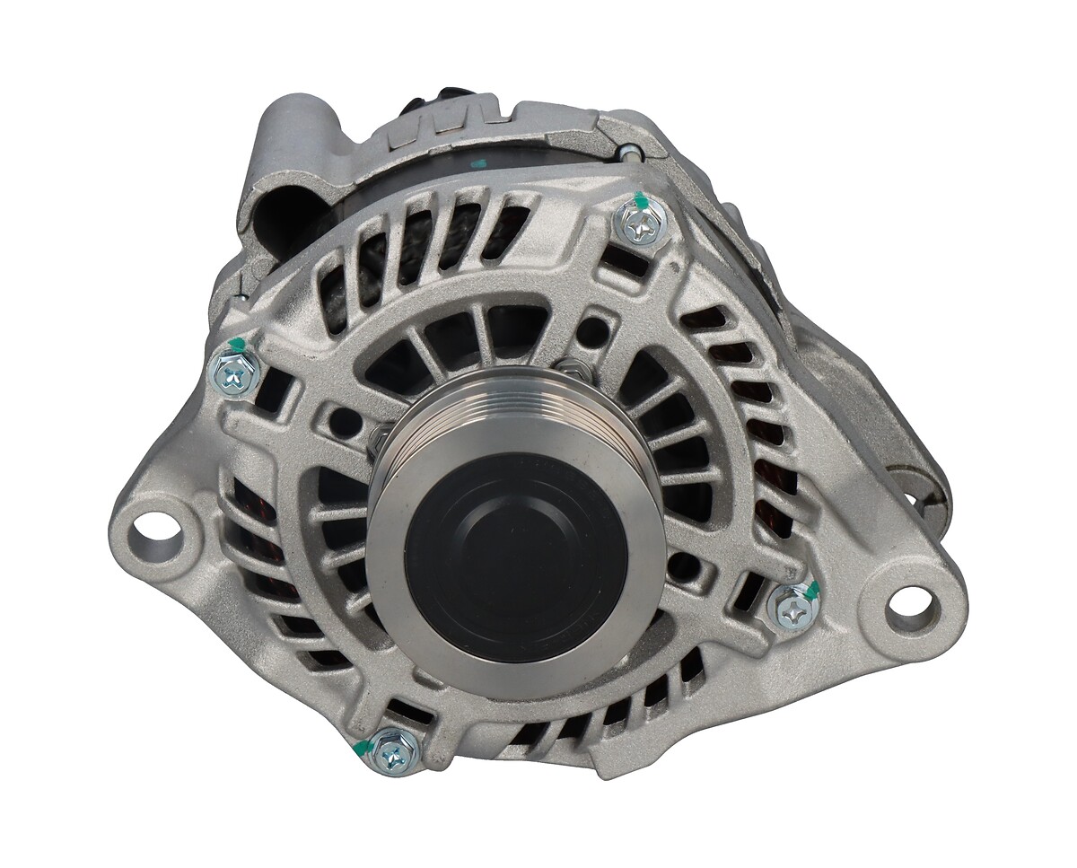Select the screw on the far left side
tap(236, 373)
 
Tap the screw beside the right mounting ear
tap(792, 608)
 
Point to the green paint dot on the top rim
tap(478, 164)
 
